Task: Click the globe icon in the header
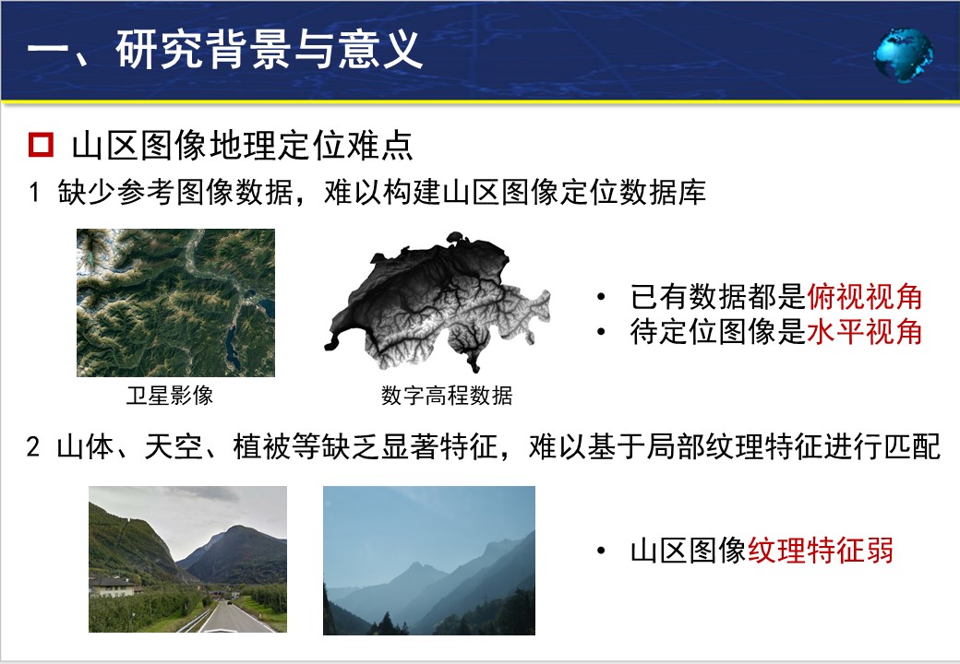[x=904, y=53]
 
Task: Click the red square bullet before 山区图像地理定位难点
[x=41, y=145]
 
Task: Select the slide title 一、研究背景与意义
[x=224, y=49]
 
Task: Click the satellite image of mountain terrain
[x=175, y=302]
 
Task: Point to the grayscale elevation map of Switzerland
[x=438, y=302]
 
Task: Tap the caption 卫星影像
[x=170, y=396]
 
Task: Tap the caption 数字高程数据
[x=447, y=396]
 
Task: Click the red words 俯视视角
[x=865, y=297]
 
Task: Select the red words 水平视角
[x=865, y=332]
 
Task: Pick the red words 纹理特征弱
[x=821, y=551]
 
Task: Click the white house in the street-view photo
[x=113, y=586]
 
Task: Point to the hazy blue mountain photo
[x=429, y=560]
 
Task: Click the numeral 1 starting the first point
[x=34, y=193]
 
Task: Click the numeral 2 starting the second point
[x=33, y=447]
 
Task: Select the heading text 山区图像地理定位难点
[x=243, y=146]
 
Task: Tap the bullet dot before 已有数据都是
[x=601, y=298]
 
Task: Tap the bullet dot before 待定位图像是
[x=601, y=333]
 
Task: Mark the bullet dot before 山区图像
[x=601, y=551]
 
